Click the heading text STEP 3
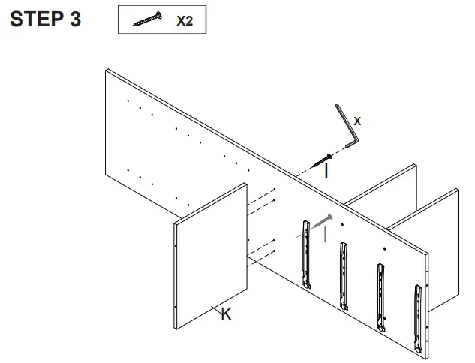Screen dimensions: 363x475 [45, 19]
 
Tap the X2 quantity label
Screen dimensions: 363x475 [185, 21]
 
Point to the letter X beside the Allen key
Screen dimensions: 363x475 [357, 120]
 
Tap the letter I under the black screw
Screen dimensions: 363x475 [326, 172]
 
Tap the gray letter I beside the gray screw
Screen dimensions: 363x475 [325, 235]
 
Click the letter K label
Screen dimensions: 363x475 [226, 316]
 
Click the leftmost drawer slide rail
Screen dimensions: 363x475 [305, 253]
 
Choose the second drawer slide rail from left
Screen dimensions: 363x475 [343, 274]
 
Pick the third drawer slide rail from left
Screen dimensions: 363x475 [381, 295]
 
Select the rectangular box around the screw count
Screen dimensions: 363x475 [162, 21]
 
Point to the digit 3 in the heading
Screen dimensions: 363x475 [75, 19]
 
